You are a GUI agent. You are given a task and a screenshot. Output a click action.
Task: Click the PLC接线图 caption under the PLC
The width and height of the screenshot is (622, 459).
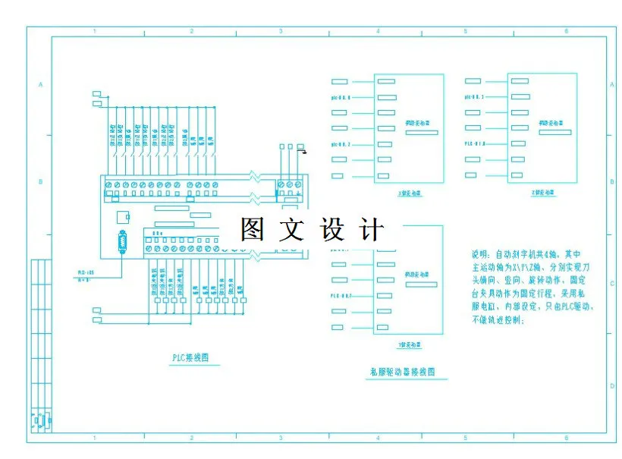coord(190,357)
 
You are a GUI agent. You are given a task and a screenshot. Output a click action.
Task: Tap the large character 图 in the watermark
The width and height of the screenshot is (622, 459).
coord(253,228)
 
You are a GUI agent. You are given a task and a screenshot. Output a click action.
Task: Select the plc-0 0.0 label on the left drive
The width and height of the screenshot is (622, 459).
coord(341,97)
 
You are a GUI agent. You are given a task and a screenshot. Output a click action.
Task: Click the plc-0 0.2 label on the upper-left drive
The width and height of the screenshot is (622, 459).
coord(341,144)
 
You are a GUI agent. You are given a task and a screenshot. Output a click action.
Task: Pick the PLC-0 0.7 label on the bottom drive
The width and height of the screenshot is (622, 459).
coord(341,295)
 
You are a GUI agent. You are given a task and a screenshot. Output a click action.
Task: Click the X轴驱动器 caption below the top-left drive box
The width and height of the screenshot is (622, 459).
coord(410,193)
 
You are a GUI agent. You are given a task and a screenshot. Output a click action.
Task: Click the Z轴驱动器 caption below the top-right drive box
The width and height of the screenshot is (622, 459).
coord(543,193)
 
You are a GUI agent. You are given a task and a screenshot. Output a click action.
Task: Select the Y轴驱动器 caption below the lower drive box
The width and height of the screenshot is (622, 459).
coord(410,345)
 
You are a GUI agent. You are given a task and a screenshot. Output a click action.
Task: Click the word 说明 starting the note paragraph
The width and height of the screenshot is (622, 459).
coord(482,254)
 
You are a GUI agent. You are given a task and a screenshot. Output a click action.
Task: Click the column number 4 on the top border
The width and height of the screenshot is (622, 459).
coord(377,31)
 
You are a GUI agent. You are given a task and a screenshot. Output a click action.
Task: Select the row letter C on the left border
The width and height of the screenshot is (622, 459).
coord(40,285)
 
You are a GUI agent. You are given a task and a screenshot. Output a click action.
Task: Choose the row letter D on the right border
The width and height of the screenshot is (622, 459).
coord(611,386)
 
